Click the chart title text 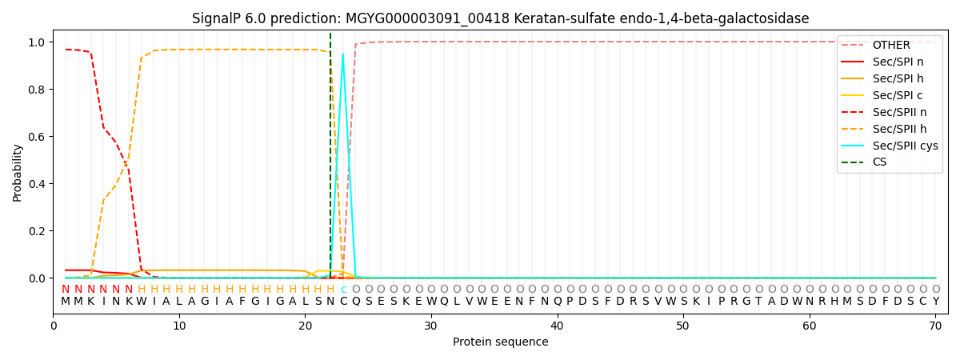coord(500,18)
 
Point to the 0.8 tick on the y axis coord(38,90)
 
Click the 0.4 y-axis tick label coord(38,184)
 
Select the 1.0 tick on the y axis coord(38,42)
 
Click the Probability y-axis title coord(18,172)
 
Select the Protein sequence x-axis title coord(500,342)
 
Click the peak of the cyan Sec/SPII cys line coord(343,54)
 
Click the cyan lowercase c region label coord(343,290)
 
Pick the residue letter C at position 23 coord(343,302)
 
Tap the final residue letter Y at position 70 coord(935,302)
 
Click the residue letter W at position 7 coord(142,302)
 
